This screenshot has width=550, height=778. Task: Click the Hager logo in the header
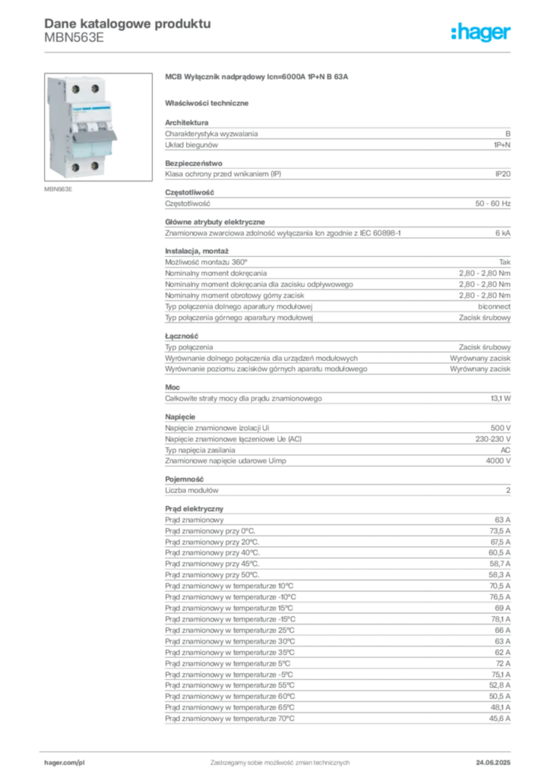click(x=481, y=32)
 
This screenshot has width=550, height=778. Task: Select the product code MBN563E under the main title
click(x=74, y=38)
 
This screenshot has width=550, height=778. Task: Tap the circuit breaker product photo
click(x=98, y=127)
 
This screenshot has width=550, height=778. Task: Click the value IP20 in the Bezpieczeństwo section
click(x=502, y=174)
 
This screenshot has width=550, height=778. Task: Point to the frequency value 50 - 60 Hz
click(x=492, y=204)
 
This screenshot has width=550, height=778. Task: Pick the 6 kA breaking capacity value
click(x=502, y=232)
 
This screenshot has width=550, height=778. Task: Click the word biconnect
click(x=494, y=307)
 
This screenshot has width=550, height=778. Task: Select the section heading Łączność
click(x=182, y=336)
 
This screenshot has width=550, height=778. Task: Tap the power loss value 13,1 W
click(x=501, y=398)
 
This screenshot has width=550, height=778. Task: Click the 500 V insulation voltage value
click(x=501, y=428)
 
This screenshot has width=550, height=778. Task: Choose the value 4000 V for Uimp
click(x=498, y=461)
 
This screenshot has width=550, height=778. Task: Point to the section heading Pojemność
click(x=185, y=479)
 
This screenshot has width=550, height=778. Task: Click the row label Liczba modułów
click(x=192, y=490)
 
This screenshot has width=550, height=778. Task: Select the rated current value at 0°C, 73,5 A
click(x=500, y=531)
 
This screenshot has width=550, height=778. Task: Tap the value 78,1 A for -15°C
click(x=501, y=619)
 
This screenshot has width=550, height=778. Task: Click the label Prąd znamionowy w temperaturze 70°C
click(x=229, y=719)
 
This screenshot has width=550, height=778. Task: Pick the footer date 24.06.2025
click(x=493, y=763)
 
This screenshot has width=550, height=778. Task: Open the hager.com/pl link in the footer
click(x=65, y=763)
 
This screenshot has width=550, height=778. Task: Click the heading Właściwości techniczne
click(x=207, y=103)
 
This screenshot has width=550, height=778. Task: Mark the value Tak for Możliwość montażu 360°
click(x=505, y=262)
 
